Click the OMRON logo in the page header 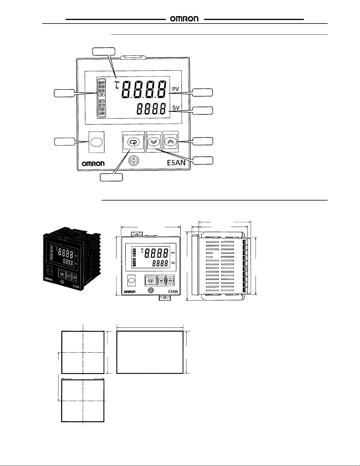tap(185, 19)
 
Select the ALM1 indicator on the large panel tap(102, 82)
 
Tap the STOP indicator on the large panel tap(102, 109)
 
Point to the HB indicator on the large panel tap(102, 95)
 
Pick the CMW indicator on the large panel tap(102, 113)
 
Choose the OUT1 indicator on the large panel tap(102, 101)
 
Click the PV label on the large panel tap(176, 88)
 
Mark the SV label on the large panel tap(176, 108)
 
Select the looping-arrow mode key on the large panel tap(133, 142)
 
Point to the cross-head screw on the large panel tap(134, 161)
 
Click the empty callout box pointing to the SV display tap(203, 111)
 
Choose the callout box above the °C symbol tap(103, 51)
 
